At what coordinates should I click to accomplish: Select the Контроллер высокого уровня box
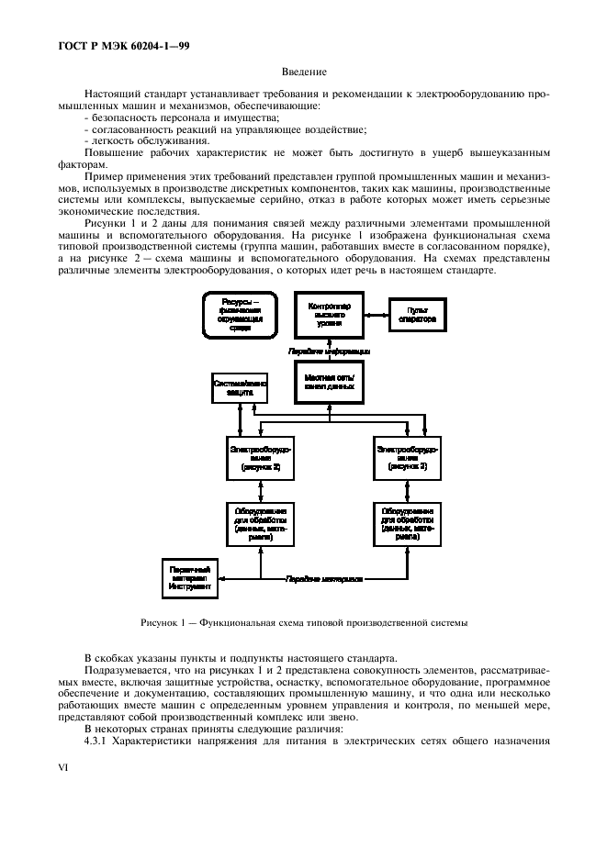(x=329, y=317)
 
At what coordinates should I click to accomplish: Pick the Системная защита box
(x=240, y=386)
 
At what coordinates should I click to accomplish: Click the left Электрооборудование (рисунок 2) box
(x=262, y=458)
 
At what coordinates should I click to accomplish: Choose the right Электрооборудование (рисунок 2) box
(x=407, y=458)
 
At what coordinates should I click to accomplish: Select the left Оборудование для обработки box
(x=262, y=523)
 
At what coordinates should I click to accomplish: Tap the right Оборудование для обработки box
(x=407, y=523)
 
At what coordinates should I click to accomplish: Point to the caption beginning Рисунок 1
(x=304, y=623)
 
